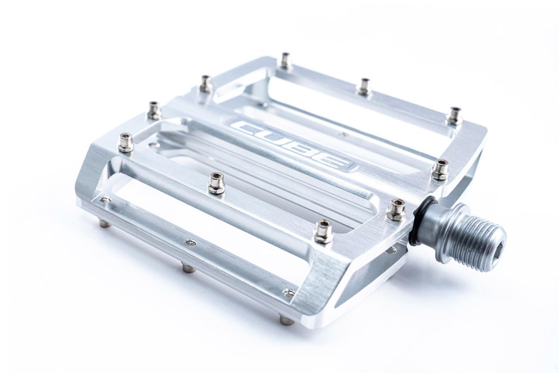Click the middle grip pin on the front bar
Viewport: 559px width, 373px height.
click(216, 183)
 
